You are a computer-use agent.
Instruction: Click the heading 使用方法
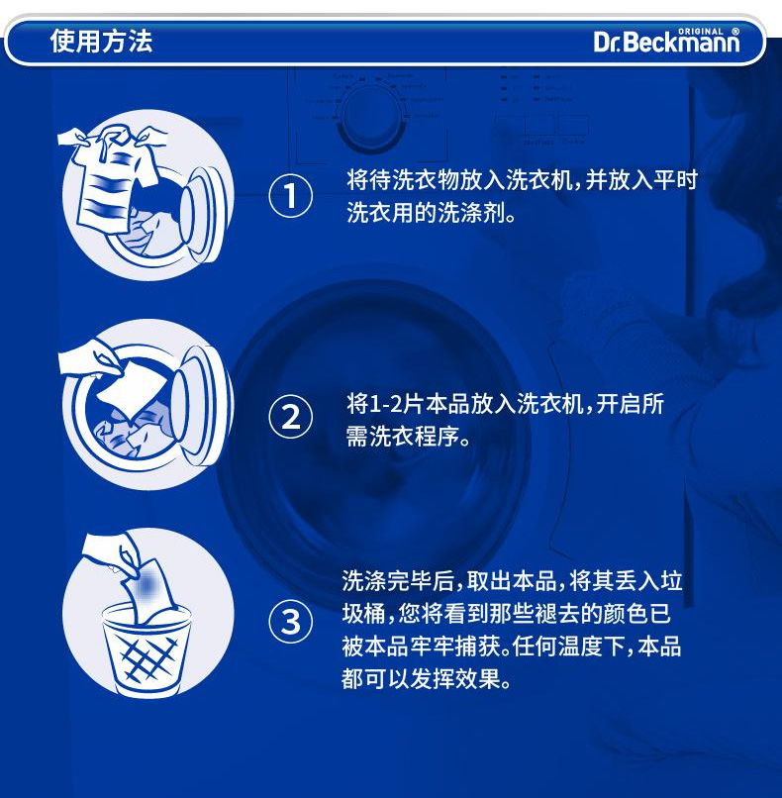[101, 42]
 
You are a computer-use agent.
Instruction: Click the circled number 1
[290, 196]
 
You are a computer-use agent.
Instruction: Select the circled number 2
[290, 417]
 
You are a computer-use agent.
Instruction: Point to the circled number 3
[290, 622]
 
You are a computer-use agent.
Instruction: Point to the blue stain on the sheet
[147, 584]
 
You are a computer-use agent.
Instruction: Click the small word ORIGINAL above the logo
[701, 32]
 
